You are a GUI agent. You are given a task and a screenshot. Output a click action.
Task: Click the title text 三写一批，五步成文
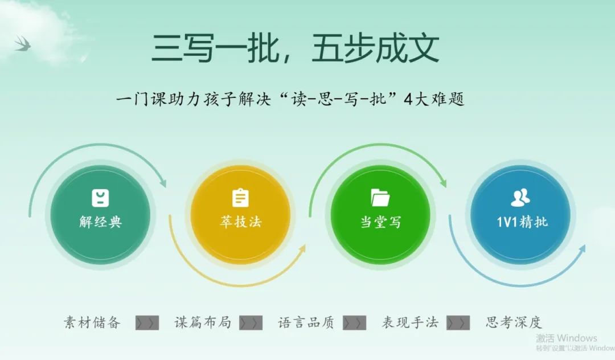295,48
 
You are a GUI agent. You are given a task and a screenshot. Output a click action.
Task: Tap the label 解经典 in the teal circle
100,222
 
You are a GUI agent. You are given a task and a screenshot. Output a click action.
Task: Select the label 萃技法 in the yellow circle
240,222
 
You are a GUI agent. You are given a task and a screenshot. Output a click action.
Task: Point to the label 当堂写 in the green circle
380,222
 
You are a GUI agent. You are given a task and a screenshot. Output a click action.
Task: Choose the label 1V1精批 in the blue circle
522,222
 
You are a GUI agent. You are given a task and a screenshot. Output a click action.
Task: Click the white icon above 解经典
100,198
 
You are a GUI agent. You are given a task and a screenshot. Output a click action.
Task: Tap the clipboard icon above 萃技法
240,198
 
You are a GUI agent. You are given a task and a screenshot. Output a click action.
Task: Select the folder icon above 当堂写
380,198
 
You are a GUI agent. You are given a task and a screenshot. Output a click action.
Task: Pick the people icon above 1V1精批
520,198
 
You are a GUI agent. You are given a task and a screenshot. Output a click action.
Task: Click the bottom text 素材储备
92,322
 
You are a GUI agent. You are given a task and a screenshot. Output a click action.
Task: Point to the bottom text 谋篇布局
203,322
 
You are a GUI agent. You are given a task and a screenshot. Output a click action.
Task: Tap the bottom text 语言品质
306,322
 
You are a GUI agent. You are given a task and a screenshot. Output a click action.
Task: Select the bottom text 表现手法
410,322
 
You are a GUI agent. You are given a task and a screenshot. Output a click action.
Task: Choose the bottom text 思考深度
514,322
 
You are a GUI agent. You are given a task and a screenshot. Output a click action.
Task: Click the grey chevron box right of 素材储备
147,323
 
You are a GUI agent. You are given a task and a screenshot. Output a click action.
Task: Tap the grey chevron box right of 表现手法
458,323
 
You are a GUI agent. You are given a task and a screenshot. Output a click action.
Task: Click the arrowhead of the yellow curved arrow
302,249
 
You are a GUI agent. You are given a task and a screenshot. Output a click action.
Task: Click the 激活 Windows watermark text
567,338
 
